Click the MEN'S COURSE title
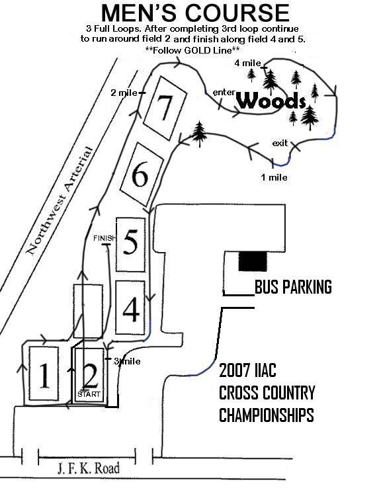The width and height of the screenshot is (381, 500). [195, 13]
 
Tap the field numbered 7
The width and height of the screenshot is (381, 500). [165, 108]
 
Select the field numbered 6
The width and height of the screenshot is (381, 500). [142, 174]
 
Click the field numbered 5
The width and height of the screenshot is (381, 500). [131, 245]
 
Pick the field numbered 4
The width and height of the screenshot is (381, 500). [131, 308]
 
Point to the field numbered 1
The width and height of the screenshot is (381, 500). [44, 374]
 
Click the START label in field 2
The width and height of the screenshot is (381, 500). [89, 394]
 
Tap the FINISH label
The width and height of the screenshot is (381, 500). [105, 238]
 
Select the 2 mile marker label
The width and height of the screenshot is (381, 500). [124, 93]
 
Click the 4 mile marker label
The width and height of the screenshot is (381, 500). [248, 63]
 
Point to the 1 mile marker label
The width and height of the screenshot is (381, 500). [275, 177]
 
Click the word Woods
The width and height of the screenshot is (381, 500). [272, 101]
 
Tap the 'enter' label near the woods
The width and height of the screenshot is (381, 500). [224, 93]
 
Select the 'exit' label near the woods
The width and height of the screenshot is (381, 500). [280, 143]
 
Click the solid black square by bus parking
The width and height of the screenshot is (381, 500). [253, 261]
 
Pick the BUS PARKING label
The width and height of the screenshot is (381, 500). [293, 286]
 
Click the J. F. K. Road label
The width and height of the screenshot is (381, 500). [89, 468]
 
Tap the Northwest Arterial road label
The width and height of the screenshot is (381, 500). [60, 201]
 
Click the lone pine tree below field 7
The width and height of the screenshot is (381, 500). [200, 134]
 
